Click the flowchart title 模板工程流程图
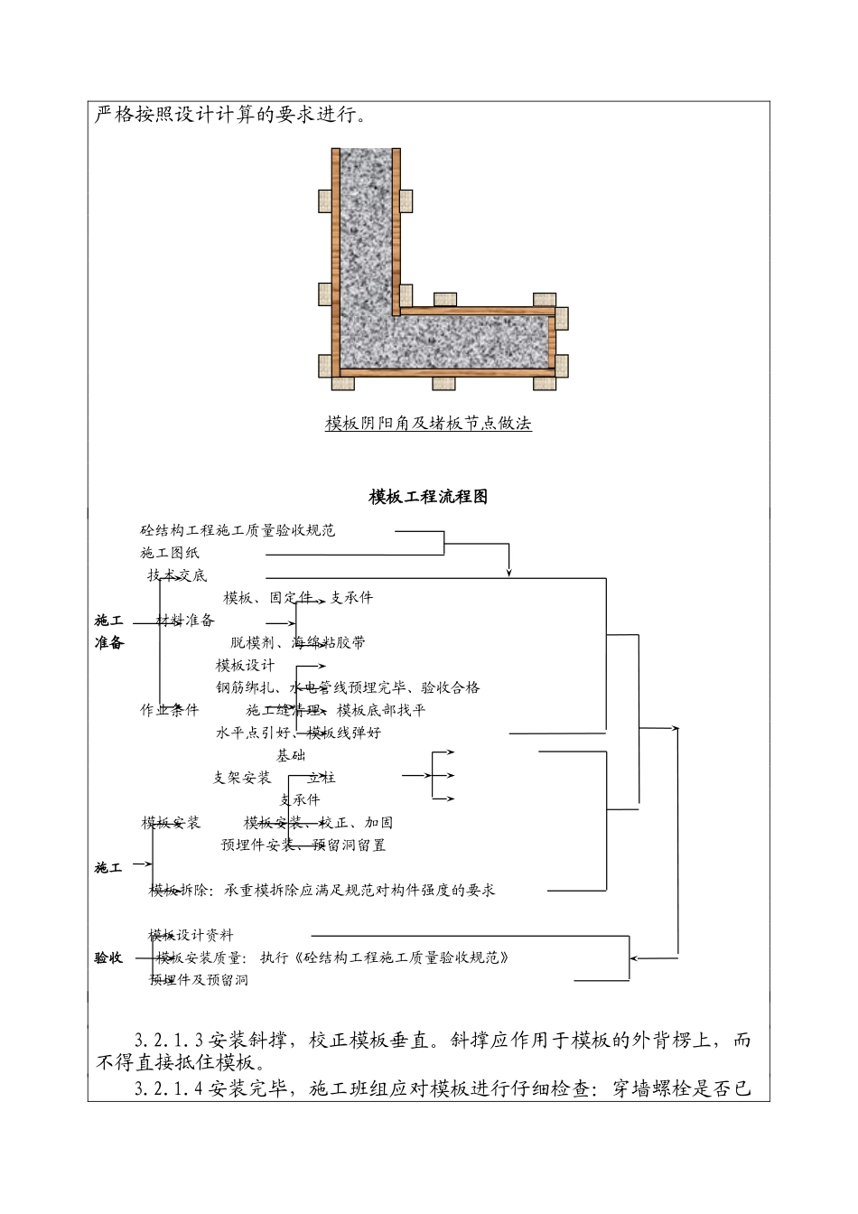click(x=428, y=497)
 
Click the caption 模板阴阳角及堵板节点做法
click(x=428, y=423)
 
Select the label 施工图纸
click(x=170, y=552)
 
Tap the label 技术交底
click(x=177, y=575)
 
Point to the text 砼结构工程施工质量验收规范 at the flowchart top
click(x=238, y=530)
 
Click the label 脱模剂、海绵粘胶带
click(x=298, y=643)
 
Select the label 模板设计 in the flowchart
click(x=245, y=666)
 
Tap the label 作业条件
click(x=170, y=710)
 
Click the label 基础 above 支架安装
click(x=291, y=755)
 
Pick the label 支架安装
click(x=242, y=778)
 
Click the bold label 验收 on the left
click(x=108, y=957)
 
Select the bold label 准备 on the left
click(x=108, y=643)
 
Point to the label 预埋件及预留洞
click(x=199, y=980)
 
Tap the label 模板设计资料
click(x=191, y=935)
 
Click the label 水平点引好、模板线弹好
click(x=298, y=733)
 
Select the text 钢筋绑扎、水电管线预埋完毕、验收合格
click(x=348, y=688)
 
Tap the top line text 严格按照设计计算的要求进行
click(x=231, y=117)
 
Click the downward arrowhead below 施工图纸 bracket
click(x=509, y=571)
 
